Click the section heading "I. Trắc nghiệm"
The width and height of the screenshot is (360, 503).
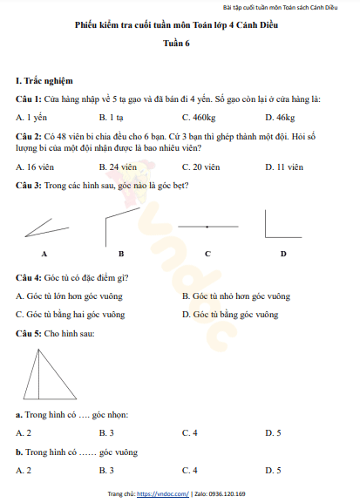click(44, 80)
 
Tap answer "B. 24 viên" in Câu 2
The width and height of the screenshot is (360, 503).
click(118, 166)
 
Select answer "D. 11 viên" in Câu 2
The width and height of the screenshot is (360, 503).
click(283, 166)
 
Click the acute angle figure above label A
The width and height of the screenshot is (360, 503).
click(44, 228)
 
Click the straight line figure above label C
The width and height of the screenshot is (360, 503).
click(207, 226)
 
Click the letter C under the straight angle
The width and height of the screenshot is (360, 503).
click(207, 254)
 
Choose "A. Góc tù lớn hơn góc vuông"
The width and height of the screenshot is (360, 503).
click(69, 296)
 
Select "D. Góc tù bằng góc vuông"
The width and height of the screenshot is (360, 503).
click(229, 314)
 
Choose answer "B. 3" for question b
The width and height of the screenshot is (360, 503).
click(106, 471)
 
